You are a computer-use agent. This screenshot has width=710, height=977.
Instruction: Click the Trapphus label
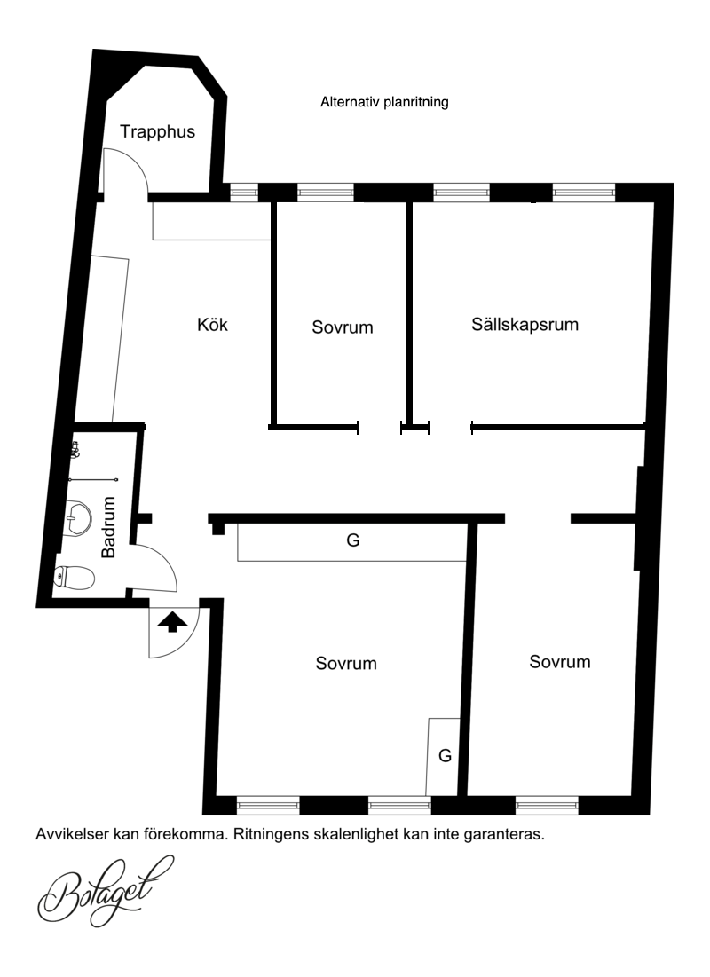pyautogui.click(x=157, y=132)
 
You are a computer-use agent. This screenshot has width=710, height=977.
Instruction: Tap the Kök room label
pyautogui.click(x=213, y=324)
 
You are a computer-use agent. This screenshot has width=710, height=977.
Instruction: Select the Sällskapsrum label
pyautogui.click(x=525, y=325)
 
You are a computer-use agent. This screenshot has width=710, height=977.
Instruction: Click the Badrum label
pyautogui.click(x=108, y=527)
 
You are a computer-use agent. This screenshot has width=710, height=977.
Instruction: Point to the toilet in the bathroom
pyautogui.click(x=75, y=578)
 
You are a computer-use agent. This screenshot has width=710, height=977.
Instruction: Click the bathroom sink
pyautogui.click(x=78, y=516)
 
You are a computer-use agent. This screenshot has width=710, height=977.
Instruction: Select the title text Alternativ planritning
pyautogui.click(x=384, y=102)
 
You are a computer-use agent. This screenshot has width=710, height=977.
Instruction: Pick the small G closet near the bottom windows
pyautogui.click(x=443, y=756)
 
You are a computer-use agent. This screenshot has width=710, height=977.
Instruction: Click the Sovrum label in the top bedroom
pyautogui.click(x=343, y=327)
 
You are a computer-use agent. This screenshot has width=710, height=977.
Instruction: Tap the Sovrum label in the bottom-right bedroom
pyautogui.click(x=560, y=662)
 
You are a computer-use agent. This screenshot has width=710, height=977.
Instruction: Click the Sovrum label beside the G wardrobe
pyautogui.click(x=346, y=663)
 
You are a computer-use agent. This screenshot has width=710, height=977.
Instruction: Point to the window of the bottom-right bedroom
pyautogui.click(x=547, y=805)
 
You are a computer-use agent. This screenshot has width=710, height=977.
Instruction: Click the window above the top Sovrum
pyautogui.click(x=326, y=193)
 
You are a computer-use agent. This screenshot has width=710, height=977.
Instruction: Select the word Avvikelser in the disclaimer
pyautogui.click(x=72, y=834)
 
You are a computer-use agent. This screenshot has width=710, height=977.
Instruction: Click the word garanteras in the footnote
pyautogui.click(x=504, y=835)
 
